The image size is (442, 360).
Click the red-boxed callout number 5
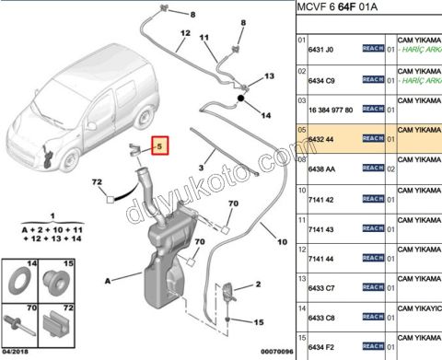click(x=159, y=145)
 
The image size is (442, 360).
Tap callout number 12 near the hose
click(x=184, y=33)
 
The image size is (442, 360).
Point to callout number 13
click(x=270, y=76)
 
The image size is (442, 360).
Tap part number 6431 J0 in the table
click(x=326, y=45)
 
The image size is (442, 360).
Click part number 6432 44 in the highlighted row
click(x=326, y=138)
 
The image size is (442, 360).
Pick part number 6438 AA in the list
click(x=327, y=168)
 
